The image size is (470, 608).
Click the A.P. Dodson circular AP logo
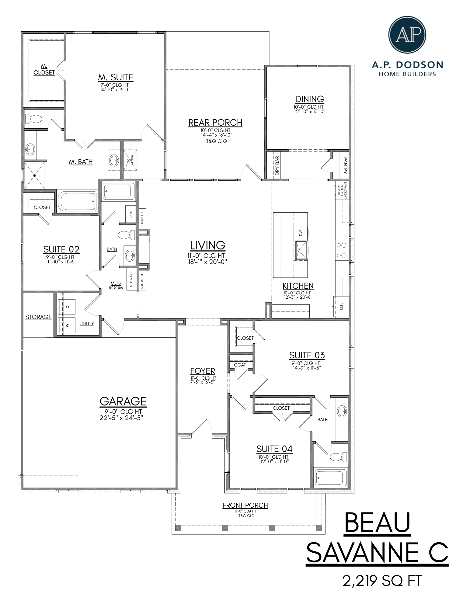click(407, 35)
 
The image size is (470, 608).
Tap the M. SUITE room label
click(116, 77)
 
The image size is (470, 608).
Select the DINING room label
click(309, 99)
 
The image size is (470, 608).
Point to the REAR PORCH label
click(215, 123)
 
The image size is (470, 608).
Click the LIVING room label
click(207, 245)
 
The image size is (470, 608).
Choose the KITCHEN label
click(298, 286)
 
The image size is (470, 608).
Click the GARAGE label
click(123, 401)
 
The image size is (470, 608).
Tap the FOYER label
click(203, 371)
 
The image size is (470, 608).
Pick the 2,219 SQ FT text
click(382, 581)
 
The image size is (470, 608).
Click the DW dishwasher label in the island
click(301, 233)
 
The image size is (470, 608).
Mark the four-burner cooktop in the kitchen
click(342, 250)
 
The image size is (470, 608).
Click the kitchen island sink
click(301, 250)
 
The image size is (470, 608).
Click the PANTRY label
click(345, 165)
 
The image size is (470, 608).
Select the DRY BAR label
click(277, 165)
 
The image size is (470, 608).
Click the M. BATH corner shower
click(35, 175)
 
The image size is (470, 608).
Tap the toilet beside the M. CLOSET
click(34, 119)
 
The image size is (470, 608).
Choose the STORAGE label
click(38, 317)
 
